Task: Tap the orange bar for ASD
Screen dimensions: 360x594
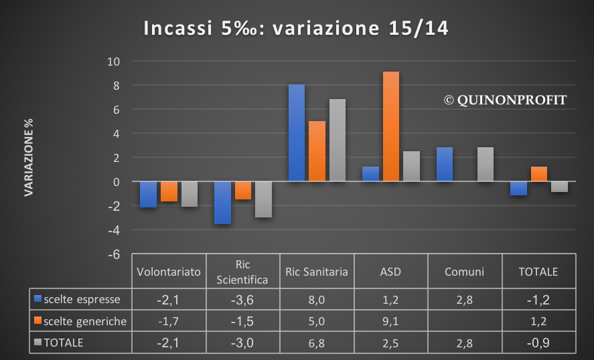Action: (390, 126)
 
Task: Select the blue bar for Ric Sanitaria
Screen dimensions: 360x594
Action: (296, 133)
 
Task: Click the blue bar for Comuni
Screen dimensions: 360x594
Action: (444, 165)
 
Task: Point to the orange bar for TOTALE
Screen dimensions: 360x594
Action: (538, 174)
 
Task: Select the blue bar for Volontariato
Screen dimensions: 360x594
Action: (149, 195)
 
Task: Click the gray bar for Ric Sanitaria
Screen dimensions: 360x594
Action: (337, 141)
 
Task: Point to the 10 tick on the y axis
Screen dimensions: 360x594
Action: (113, 62)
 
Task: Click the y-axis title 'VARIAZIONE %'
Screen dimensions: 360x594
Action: (29, 158)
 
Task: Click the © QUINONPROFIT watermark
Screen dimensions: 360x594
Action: (505, 100)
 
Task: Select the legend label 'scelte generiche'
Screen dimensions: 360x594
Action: (85, 322)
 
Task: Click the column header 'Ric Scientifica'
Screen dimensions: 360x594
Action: (243, 272)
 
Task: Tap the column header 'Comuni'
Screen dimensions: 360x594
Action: (464, 272)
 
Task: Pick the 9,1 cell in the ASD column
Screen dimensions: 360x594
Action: (390, 322)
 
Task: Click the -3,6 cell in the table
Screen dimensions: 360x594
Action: (242, 298)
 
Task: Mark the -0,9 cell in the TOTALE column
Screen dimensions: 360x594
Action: (538, 344)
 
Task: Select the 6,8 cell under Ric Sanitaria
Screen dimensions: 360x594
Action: (316, 344)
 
